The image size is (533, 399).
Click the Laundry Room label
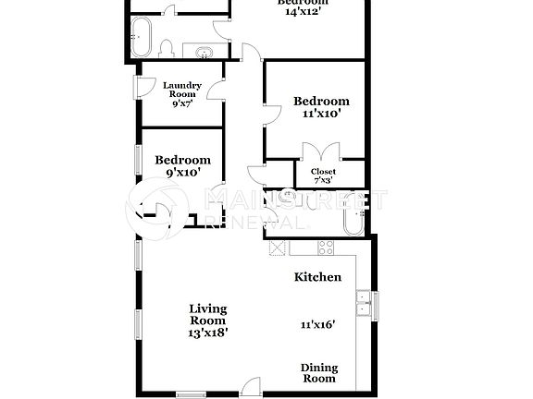pos(181,90)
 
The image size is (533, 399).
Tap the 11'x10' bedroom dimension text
pos(321,115)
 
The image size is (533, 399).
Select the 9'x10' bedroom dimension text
pos(181,172)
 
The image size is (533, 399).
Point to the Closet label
pos(323,172)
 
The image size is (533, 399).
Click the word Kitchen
pos(317,277)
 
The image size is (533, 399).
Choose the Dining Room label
pos(319,373)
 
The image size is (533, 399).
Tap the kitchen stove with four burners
pos(326,247)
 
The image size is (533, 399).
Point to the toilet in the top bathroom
pos(165,48)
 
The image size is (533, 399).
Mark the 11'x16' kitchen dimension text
pos(317,324)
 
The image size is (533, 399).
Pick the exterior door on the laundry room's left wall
pos(141,86)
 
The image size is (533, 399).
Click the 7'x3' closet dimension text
pos(323,181)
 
